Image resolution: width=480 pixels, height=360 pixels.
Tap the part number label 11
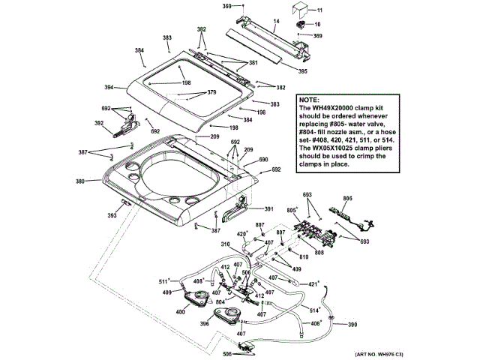(318, 10)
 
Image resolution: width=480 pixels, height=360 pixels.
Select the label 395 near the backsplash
(302, 71)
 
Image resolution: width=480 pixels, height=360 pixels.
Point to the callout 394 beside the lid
(130, 88)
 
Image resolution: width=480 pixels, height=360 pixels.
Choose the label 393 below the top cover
(112, 215)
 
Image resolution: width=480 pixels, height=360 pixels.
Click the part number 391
(268, 209)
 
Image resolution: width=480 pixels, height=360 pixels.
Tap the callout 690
(264, 160)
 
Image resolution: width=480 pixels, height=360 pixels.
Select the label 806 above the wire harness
(347, 199)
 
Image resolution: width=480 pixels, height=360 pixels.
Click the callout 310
(225, 244)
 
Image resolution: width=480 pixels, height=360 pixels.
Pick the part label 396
(204, 324)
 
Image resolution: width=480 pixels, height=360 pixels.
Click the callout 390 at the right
(352, 324)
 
